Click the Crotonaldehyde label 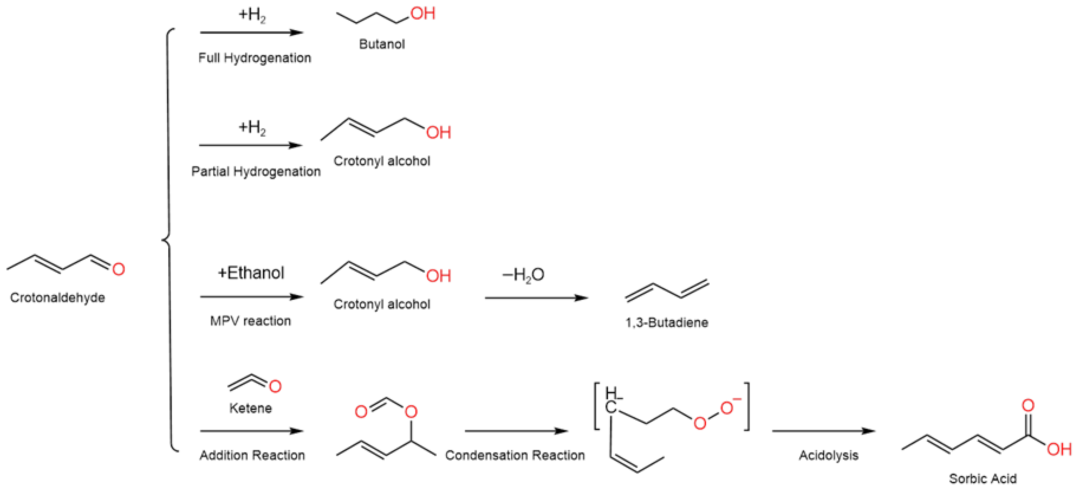click(58, 297)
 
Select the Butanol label click(382, 44)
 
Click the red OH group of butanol click(423, 13)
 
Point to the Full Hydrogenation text click(254, 58)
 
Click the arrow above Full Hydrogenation click(252, 32)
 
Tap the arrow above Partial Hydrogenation click(251, 146)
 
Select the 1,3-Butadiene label click(667, 322)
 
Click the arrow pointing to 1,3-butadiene click(536, 298)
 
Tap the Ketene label click(250, 408)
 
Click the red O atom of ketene click(275, 386)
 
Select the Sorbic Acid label click(983, 478)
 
